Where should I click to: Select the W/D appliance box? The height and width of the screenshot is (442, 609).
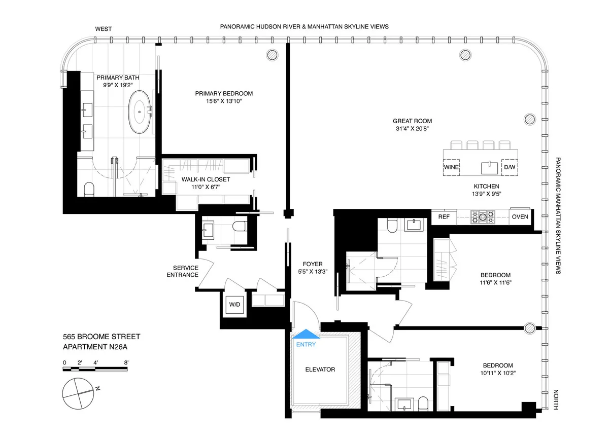234,305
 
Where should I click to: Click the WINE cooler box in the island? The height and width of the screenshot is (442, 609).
452,167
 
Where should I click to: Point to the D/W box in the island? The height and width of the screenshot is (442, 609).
509,167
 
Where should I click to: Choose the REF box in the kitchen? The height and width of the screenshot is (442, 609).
444,217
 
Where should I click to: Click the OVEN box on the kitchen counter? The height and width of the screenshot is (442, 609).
520,217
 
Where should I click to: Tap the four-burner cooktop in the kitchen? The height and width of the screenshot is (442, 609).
483,217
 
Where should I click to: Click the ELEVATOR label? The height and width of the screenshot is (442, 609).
320,370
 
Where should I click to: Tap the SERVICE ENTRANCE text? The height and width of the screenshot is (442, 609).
186,271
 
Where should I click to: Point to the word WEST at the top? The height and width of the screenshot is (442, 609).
104,29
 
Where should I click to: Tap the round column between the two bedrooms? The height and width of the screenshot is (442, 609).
530,327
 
